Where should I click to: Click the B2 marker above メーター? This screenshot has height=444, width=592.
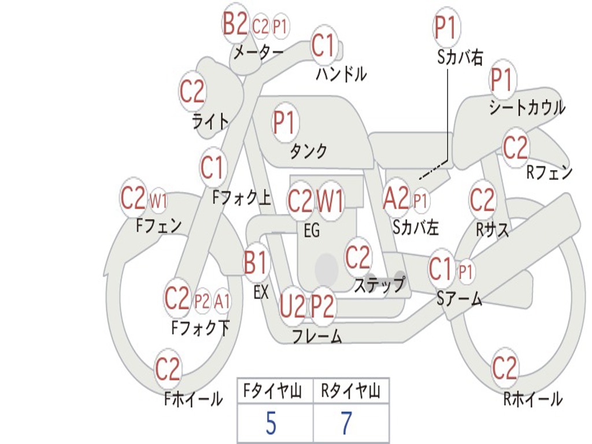pyautogui.click(x=236, y=25)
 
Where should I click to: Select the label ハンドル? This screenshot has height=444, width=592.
pyautogui.click(x=342, y=74)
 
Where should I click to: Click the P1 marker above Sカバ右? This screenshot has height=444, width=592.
pyautogui.click(x=446, y=28)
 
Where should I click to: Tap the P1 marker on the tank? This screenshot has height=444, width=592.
pyautogui.click(x=284, y=123)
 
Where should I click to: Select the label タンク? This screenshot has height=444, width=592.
pyautogui.click(x=308, y=151)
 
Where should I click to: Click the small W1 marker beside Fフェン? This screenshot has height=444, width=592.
pyautogui.click(x=158, y=201)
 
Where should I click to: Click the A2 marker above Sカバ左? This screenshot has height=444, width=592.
pyautogui.click(x=396, y=199)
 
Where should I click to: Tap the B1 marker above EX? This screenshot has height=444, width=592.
pyautogui.click(x=256, y=263)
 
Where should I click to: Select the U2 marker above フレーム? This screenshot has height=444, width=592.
pyautogui.click(x=292, y=306)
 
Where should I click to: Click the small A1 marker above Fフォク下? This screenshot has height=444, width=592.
pyautogui.click(x=222, y=301)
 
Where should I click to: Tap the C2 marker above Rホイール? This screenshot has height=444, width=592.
pyautogui.click(x=504, y=368)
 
